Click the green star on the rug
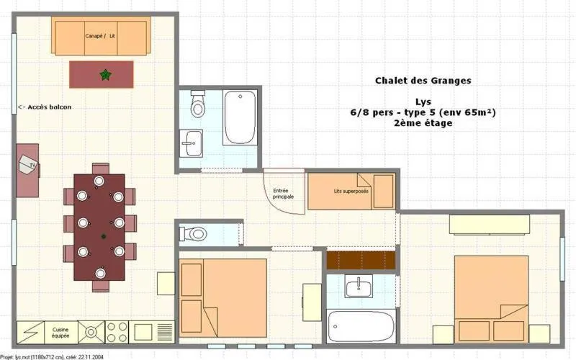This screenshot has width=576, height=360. (105, 73)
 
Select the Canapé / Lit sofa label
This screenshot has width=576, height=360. (100, 35)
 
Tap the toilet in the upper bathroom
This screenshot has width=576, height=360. (197, 106)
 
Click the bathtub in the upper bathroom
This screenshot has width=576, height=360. (239, 117)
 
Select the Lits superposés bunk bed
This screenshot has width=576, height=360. (351, 192)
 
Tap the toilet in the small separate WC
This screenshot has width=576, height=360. (194, 234)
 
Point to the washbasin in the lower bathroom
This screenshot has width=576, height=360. (358, 288)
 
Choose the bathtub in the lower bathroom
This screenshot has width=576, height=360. (361, 327)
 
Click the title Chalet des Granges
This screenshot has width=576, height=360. (423, 81)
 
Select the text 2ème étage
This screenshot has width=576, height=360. (423, 123)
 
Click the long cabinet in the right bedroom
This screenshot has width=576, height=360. (490, 225)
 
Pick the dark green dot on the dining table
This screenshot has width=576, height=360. (104, 236)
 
